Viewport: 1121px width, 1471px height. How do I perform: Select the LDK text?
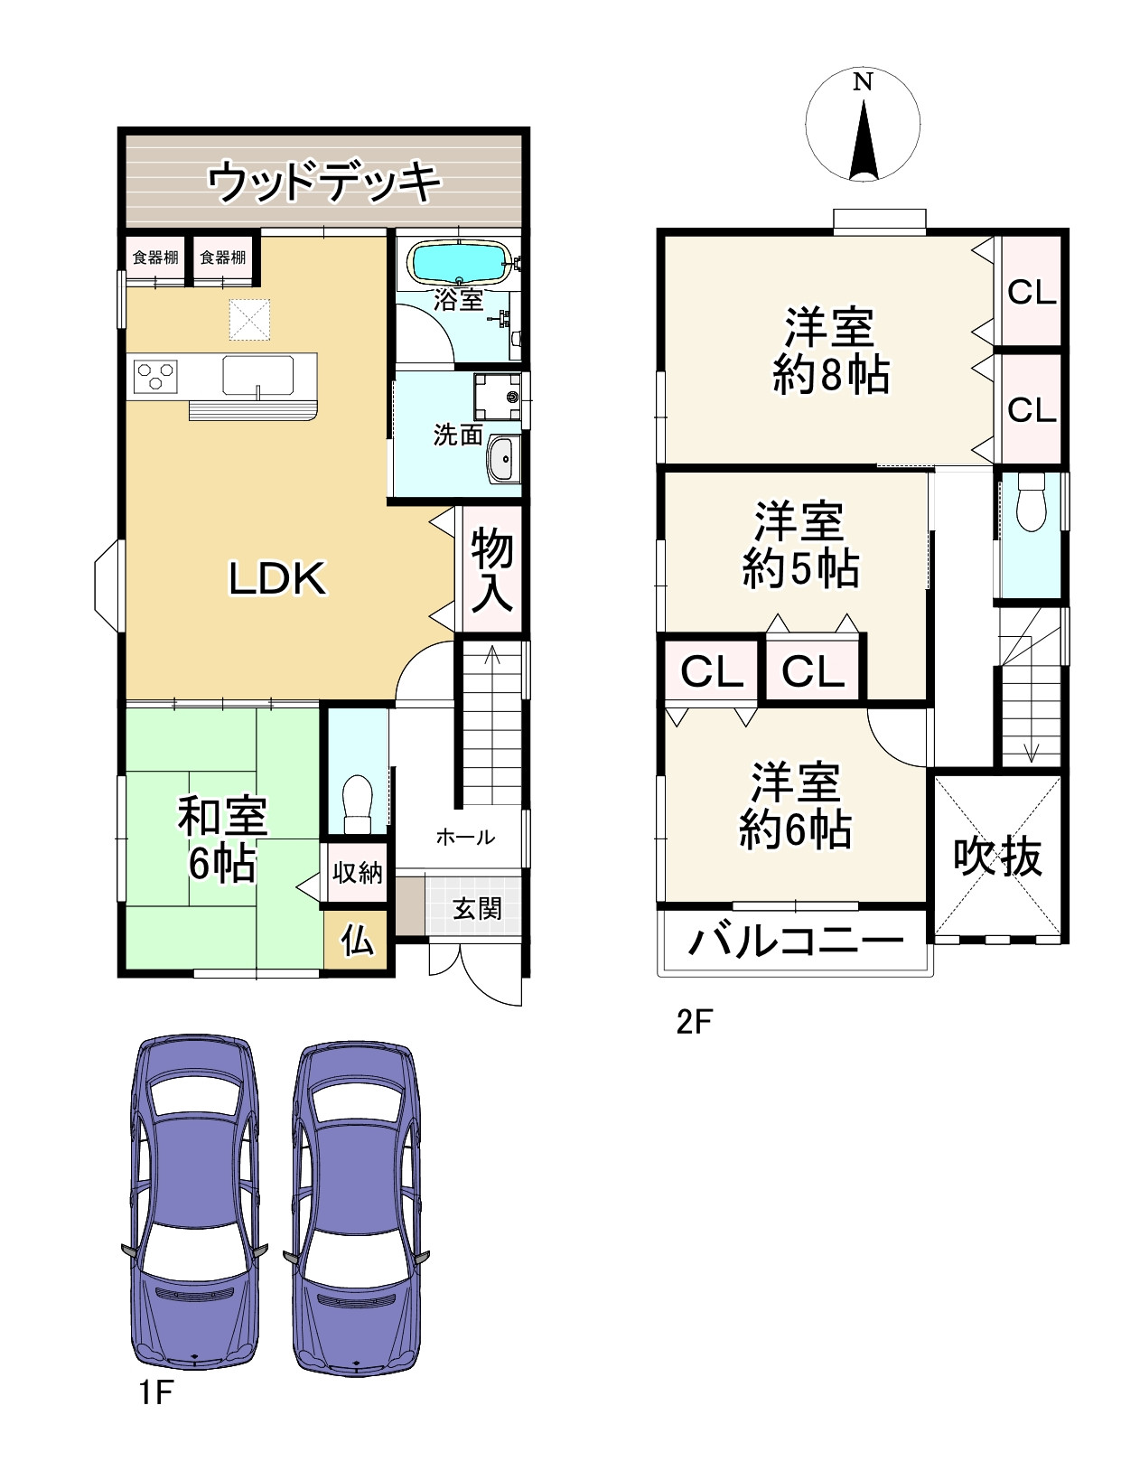tap(276, 579)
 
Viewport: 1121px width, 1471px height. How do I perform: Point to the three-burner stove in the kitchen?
tap(155, 375)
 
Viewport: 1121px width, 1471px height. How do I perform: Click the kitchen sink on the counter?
tap(258, 375)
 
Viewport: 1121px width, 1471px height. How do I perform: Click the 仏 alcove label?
tap(357, 942)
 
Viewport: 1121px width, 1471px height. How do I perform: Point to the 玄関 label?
tap(476, 908)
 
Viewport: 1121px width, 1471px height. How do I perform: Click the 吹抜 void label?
tap(998, 857)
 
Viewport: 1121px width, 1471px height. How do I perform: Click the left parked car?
tap(194, 1206)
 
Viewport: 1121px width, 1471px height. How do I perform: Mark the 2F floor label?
tap(695, 1023)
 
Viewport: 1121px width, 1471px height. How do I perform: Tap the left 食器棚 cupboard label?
tap(155, 258)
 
